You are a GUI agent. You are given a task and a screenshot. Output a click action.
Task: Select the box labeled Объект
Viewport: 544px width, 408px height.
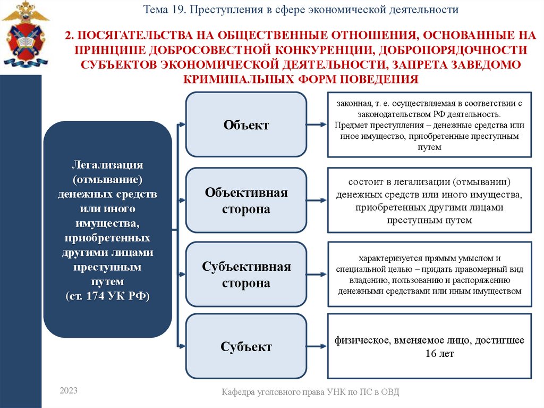246,124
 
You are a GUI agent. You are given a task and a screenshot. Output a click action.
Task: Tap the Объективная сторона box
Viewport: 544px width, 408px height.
246,200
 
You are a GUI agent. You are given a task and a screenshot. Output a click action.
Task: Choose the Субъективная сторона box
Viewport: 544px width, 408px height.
246,274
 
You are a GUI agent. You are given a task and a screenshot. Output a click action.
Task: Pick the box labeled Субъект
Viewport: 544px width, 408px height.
246,347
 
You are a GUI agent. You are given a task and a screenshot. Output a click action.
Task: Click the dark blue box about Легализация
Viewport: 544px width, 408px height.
107,230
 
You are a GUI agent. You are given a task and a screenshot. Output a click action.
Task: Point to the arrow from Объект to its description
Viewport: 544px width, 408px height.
317,124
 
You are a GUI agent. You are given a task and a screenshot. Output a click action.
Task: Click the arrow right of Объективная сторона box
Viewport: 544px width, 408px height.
317,201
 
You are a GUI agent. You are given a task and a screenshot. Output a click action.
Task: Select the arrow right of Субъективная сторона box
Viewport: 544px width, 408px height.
317,275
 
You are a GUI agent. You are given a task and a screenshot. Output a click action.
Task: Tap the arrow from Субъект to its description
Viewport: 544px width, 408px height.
317,347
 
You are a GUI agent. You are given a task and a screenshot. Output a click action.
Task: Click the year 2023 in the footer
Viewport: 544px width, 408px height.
69,391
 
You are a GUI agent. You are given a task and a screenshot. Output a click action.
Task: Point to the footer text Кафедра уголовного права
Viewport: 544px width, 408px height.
310,392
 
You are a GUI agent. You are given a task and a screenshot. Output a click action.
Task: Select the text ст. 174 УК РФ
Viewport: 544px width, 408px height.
107,296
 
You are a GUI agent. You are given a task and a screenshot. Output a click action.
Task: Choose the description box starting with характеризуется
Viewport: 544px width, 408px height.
429,274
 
